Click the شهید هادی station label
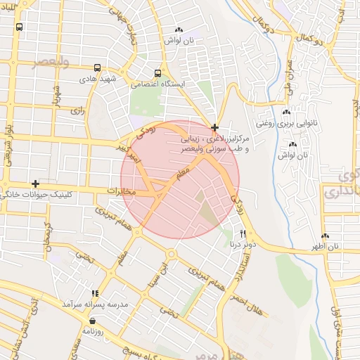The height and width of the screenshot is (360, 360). [97, 79]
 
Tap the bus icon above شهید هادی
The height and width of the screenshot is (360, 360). [97, 69]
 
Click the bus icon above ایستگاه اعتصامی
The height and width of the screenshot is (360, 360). [157, 73]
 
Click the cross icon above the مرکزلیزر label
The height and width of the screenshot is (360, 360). [214, 127]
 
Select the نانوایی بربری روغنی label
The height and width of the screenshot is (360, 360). [286, 123]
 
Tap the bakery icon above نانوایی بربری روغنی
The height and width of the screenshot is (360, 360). [286, 112]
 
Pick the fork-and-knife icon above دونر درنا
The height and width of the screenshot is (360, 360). [243, 233]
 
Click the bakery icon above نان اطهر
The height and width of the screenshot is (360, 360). [325, 236]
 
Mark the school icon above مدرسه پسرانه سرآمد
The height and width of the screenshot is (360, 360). [95, 293]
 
